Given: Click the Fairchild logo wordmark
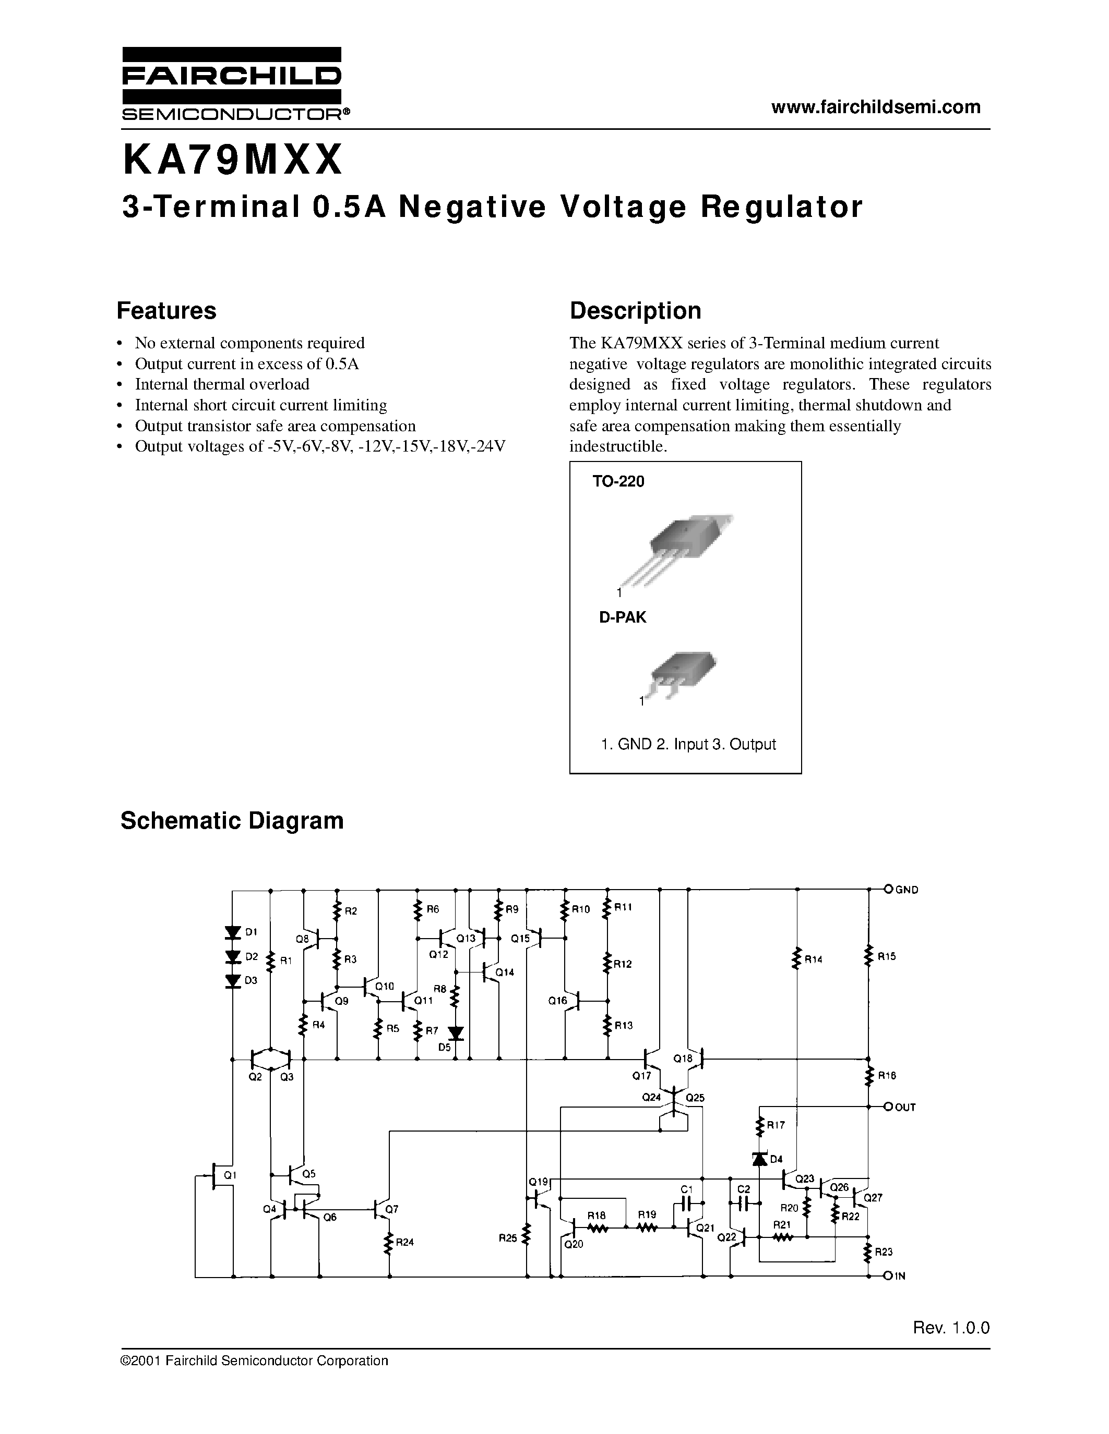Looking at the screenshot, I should [231, 78].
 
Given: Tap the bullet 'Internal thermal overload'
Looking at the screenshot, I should [222, 384].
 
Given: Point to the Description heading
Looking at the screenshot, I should [635, 311].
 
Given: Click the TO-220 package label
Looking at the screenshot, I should [618, 481].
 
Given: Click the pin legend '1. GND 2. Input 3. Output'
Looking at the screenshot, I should [688, 744].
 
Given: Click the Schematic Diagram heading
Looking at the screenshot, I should [232, 821].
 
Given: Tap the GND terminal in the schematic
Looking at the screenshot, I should [889, 890].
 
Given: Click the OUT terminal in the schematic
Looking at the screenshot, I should [889, 1107].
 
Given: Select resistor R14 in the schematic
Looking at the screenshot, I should [797, 958].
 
